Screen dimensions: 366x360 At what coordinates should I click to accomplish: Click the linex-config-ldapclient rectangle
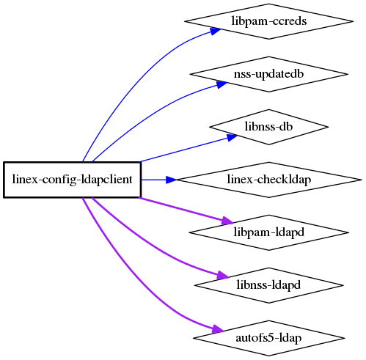pos(72,180)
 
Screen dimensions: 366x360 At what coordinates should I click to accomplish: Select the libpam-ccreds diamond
pos(268,21)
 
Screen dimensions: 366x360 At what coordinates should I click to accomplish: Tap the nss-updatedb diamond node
pos(268,74)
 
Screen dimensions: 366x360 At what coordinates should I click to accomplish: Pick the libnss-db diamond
pos(268,127)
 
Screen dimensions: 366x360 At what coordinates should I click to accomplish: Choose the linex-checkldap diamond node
pos(268,180)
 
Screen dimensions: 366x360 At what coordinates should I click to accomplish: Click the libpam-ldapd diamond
pos(268,232)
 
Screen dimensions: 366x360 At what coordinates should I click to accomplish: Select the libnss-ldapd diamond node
pos(268,285)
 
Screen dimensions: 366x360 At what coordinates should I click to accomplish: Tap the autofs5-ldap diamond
pos(268,338)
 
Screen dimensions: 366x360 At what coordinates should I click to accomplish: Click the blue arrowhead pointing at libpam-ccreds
pos(215,31)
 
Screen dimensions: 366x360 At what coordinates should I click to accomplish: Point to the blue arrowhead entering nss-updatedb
pos(221,84)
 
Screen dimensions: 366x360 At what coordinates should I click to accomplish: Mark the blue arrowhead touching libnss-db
pos(232,137)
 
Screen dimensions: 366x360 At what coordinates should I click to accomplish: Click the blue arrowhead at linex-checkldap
pos(171,180)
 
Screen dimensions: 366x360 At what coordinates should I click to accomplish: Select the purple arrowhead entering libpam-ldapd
pos(227,221)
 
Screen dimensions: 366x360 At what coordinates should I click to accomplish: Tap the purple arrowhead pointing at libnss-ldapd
pos(222,275)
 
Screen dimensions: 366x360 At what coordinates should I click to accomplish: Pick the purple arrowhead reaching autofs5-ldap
pos(217,328)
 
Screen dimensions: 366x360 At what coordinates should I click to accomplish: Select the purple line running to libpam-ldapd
pos(186,210)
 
